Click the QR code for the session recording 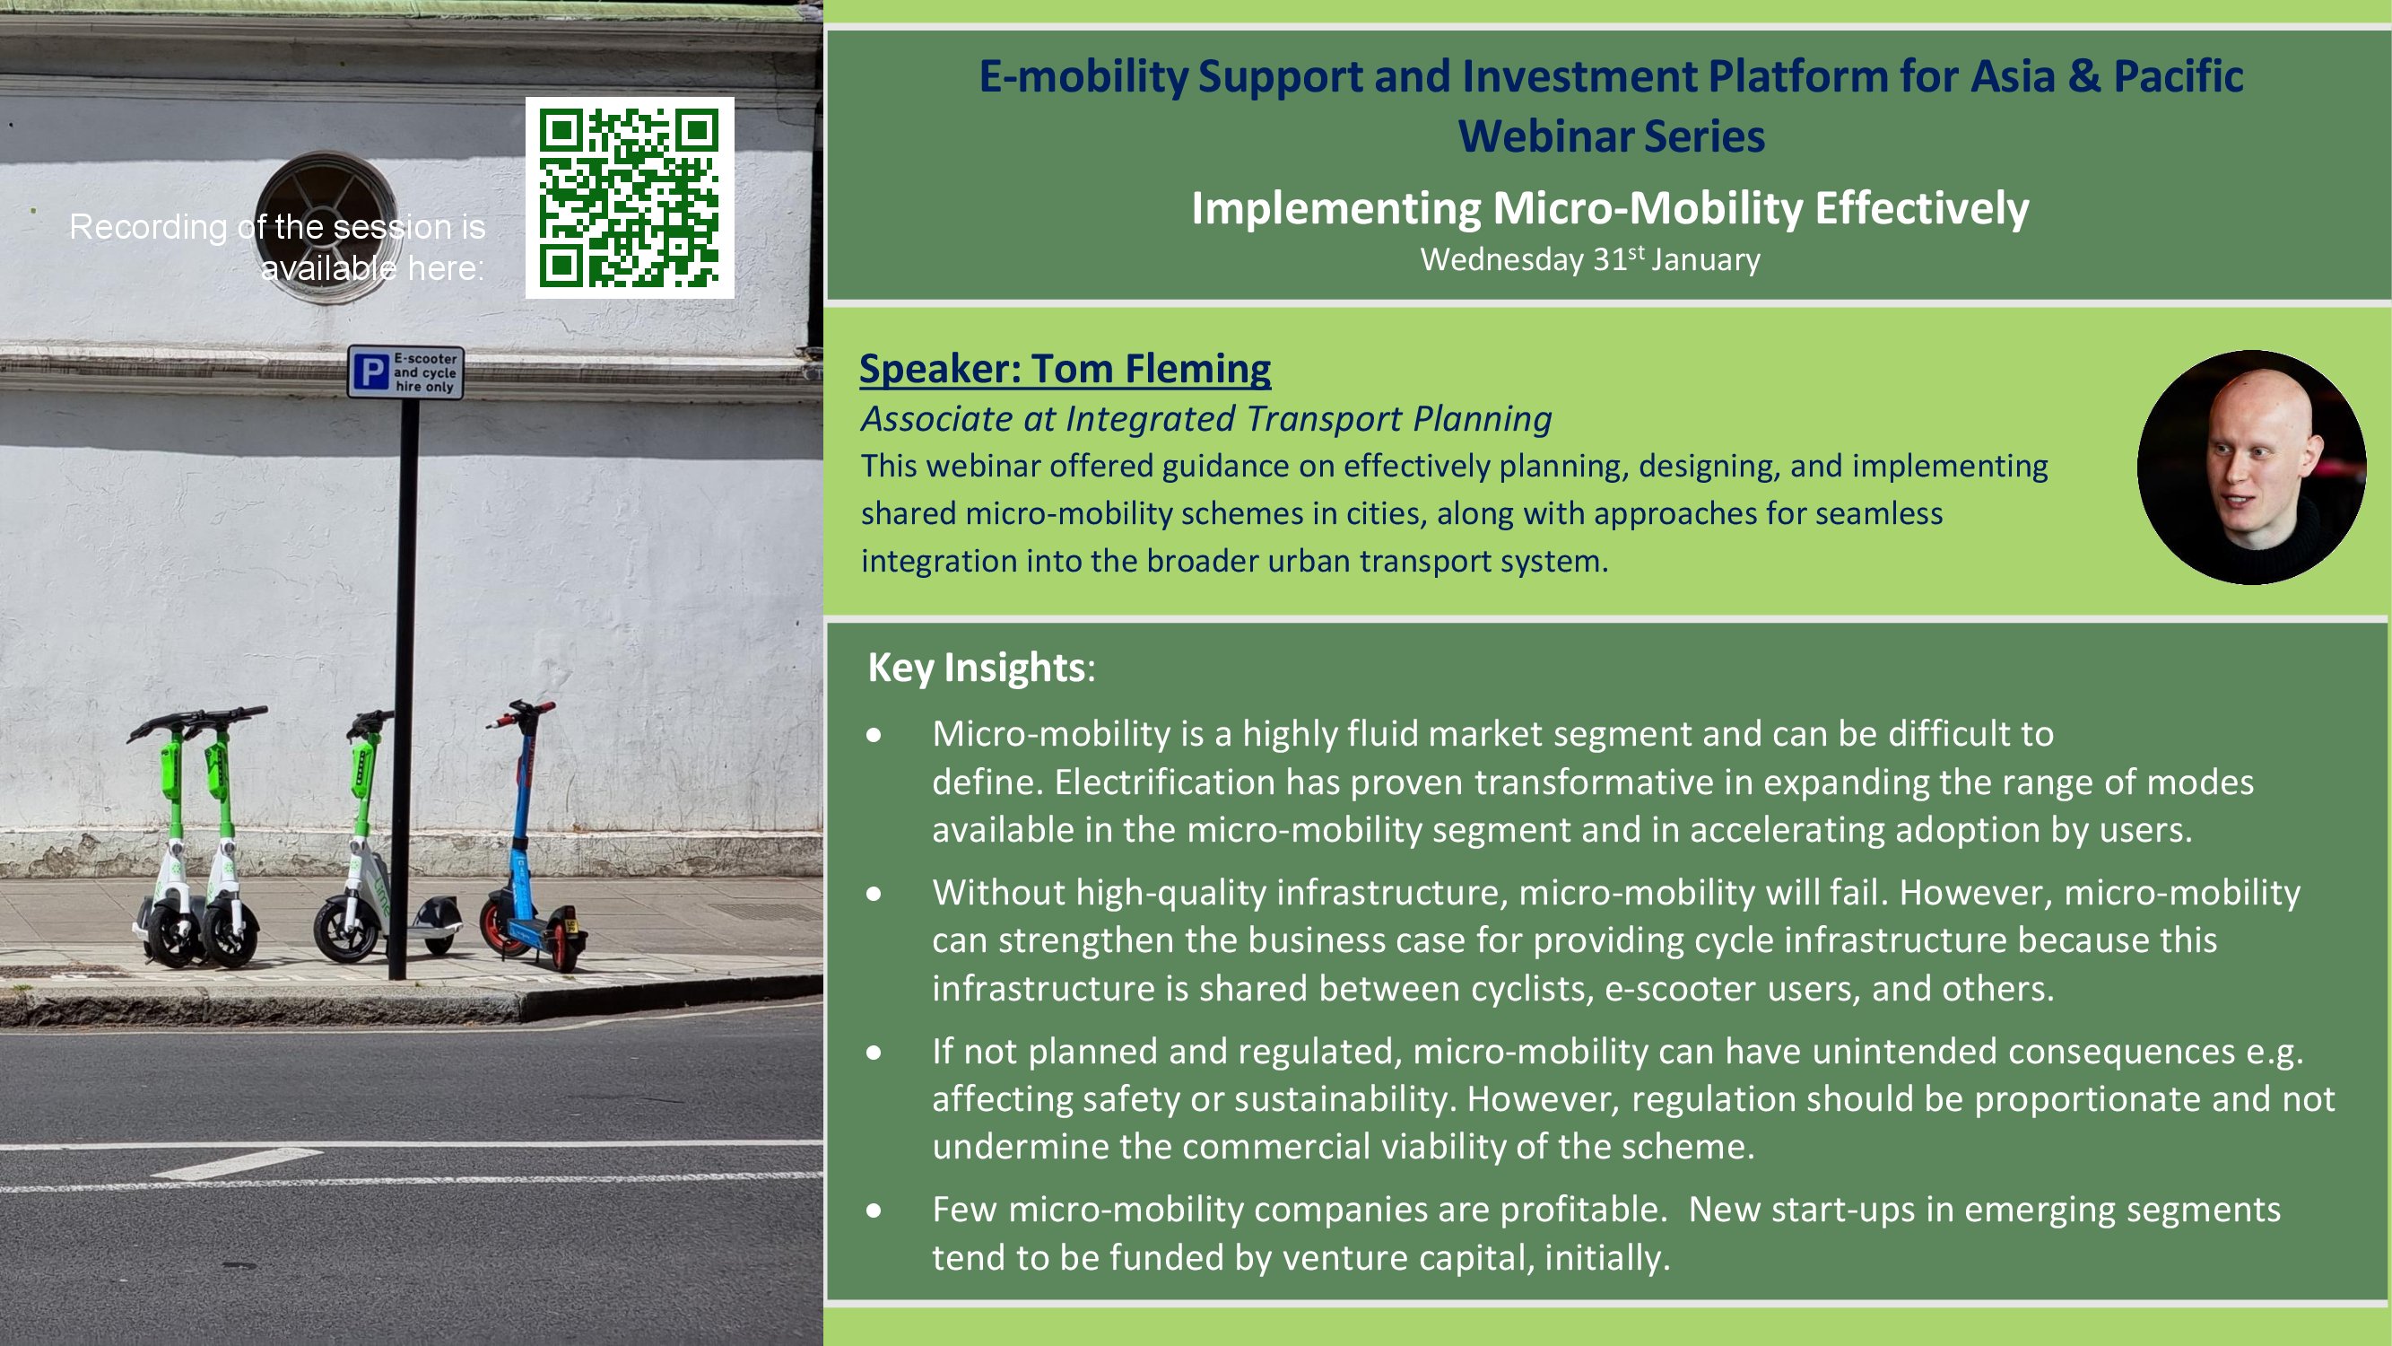[630, 197]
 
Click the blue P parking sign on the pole [405, 372]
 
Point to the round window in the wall [326, 229]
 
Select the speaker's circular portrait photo [2252, 468]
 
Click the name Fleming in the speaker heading [1198, 369]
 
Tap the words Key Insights [976, 667]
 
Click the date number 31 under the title [1609, 260]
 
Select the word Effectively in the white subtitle [1922, 208]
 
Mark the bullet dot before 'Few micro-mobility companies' [874, 1211]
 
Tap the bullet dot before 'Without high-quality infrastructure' [874, 894]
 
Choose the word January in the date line [1705, 260]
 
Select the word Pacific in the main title [2179, 76]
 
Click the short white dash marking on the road [238, 1163]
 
